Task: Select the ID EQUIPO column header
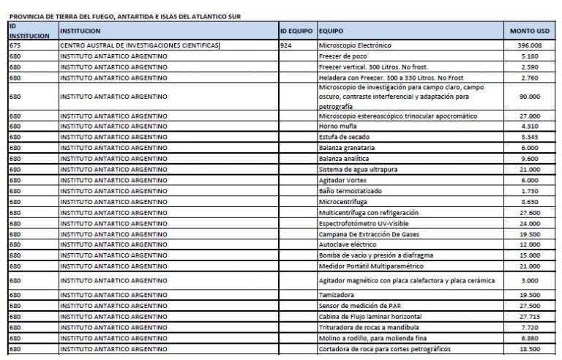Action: pos(296,31)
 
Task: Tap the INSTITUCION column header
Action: pos(80,31)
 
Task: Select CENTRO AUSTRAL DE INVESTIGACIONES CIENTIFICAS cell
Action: pos(140,45)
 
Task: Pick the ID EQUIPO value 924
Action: pos(287,45)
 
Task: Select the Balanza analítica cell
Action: pos(344,158)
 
